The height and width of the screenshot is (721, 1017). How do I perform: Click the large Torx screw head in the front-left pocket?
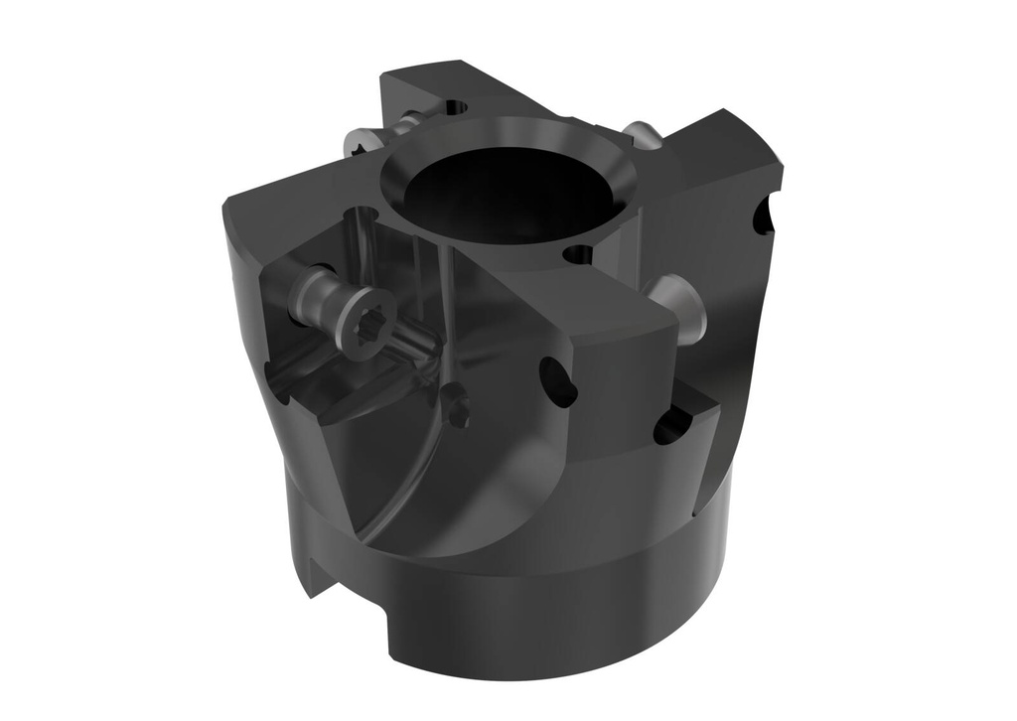click(x=364, y=327)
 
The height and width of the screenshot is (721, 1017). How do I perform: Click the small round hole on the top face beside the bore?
click(x=577, y=254)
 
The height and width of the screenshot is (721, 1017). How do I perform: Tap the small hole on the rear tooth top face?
click(x=456, y=105)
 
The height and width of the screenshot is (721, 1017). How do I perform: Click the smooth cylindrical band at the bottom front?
click(x=516, y=616)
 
